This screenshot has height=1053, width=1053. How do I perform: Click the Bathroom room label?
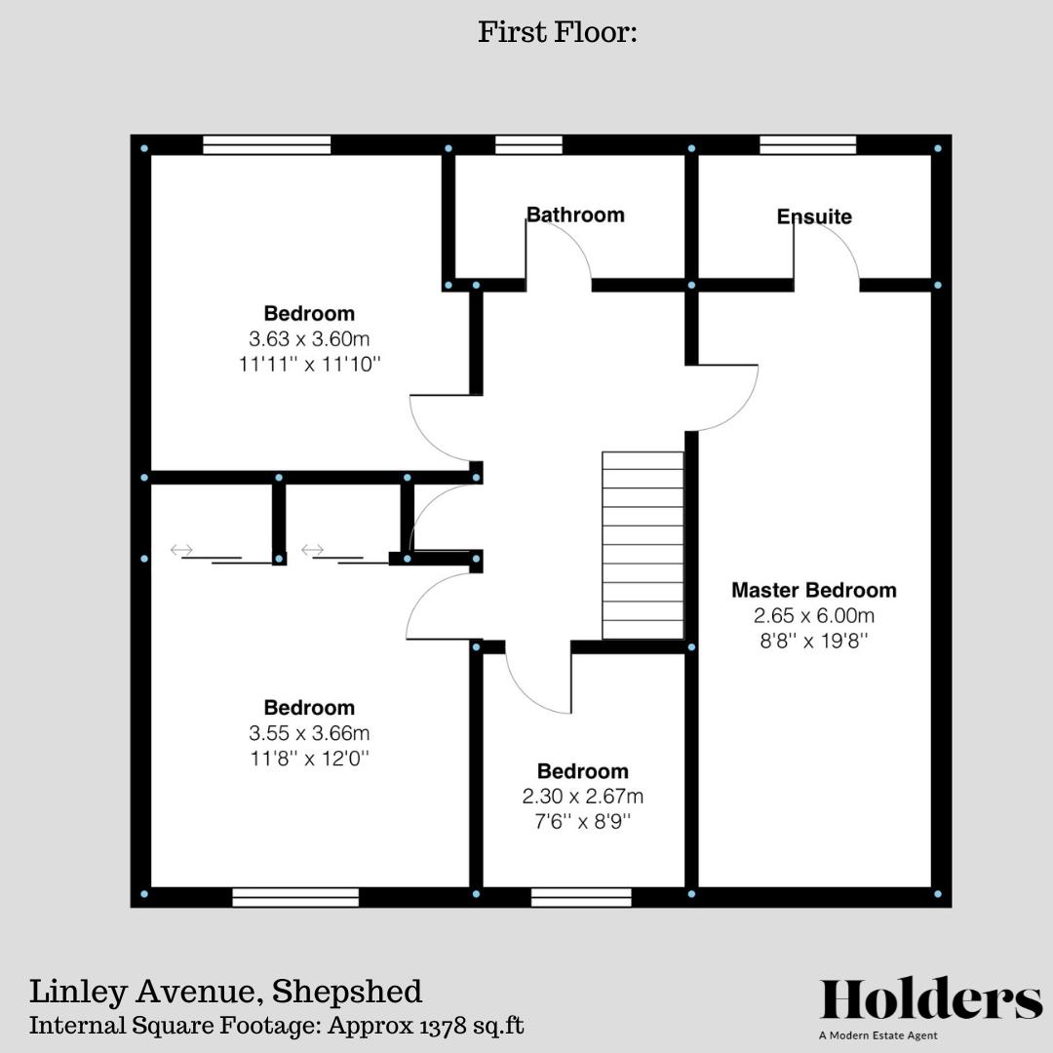(x=575, y=214)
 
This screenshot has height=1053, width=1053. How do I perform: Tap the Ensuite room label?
(x=814, y=216)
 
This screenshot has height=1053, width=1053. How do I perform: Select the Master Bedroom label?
(x=814, y=590)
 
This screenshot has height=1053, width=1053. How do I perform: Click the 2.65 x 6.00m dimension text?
(x=814, y=615)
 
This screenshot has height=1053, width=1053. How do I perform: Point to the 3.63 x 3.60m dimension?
(x=309, y=339)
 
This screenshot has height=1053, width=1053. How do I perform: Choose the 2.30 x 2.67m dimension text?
(x=583, y=797)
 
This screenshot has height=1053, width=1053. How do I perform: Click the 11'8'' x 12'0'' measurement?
(x=309, y=758)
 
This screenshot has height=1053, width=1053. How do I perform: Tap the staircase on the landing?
(x=643, y=545)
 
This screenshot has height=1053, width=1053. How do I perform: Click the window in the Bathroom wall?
(x=528, y=145)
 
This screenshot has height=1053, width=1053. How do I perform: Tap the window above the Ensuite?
(x=807, y=145)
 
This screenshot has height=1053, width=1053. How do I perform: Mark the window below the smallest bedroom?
(x=581, y=897)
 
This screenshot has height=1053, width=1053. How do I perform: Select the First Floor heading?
(x=557, y=32)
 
